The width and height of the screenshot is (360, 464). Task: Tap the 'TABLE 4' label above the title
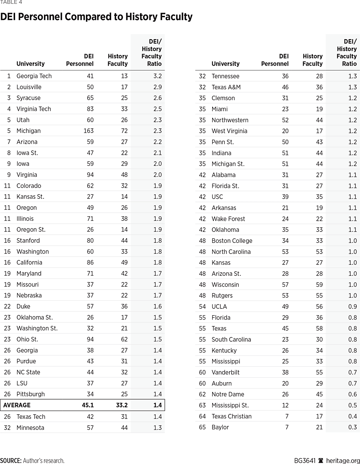[11, 2]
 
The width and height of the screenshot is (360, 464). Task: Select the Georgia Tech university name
[34, 76]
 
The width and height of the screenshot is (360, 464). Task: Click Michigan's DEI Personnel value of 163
[88, 131]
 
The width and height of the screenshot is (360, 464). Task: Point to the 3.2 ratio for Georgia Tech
[157, 76]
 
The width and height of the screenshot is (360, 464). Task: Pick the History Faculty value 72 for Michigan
[124, 131]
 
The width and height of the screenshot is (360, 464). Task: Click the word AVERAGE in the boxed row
[17, 405]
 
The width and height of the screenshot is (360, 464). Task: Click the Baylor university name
[220, 427]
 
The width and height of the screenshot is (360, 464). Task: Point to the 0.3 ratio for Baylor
[352, 427]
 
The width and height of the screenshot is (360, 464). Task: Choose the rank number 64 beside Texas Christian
[202, 416]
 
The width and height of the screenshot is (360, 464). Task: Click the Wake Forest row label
[228, 219]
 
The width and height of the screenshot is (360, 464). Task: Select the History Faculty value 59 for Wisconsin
[319, 285]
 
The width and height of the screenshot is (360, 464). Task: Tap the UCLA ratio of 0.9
[352, 306]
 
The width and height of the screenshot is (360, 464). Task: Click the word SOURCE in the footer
[11, 461]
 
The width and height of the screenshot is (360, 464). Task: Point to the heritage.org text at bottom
[342, 461]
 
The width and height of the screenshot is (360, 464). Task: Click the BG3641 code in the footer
[305, 461]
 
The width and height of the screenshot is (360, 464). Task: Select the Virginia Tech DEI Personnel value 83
[90, 109]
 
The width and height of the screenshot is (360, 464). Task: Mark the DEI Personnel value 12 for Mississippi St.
[285, 405]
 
